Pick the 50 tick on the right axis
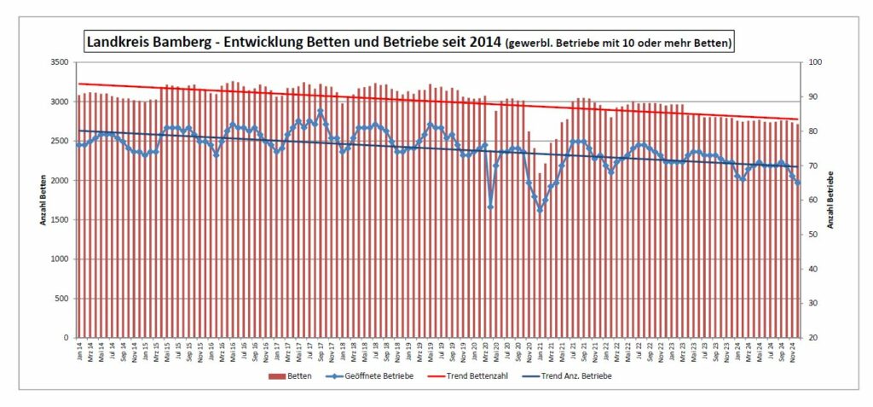pyautogui.click(x=813, y=235)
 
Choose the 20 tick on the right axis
pyautogui.click(x=813, y=338)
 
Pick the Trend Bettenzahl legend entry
pyautogui.click(x=476, y=376)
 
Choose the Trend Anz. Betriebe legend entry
pyautogui.click(x=576, y=376)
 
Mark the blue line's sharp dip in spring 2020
pyautogui.click(x=490, y=206)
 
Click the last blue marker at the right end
pyautogui.click(x=798, y=183)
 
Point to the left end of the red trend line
pyautogui.click(x=78, y=84)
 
